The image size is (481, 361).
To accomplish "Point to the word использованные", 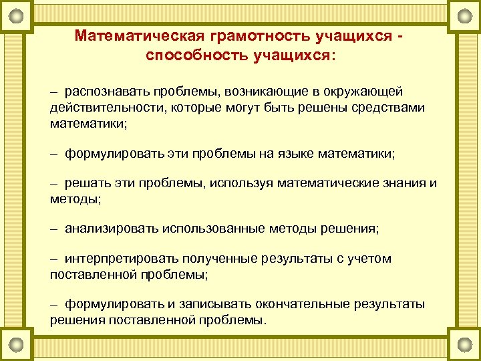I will (213, 229).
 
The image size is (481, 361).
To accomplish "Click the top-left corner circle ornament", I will (19, 15).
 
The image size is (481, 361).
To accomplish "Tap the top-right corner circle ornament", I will (462, 15).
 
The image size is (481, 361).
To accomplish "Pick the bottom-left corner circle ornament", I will (19, 346).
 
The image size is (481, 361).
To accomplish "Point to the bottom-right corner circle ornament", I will (462, 346).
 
